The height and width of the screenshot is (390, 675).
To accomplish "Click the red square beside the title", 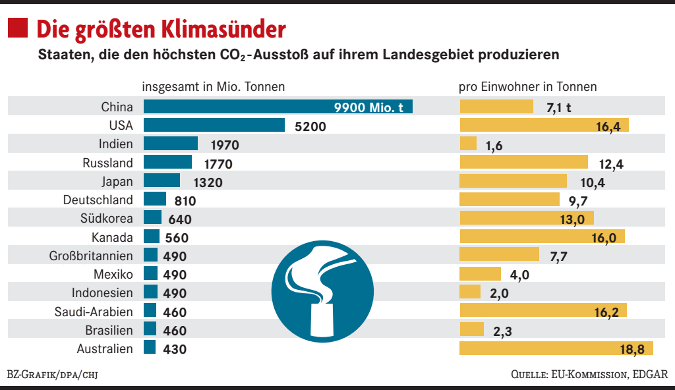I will [x=18, y=28].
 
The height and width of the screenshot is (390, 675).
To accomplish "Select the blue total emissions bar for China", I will [x=278, y=107].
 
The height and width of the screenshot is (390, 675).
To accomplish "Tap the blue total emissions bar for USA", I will [x=214, y=125].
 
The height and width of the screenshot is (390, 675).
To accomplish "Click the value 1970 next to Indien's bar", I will [x=224, y=145].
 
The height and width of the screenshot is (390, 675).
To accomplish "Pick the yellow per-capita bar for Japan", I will [x=512, y=181].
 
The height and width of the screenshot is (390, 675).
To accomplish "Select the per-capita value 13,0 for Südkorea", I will [x=572, y=219].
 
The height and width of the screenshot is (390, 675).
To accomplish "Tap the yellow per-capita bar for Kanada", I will [x=541, y=237].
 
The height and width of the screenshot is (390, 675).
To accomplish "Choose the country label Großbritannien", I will [x=91, y=256].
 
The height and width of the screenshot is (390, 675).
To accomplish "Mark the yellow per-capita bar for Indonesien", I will [x=470, y=292].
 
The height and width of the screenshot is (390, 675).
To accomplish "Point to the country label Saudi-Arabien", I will [x=94, y=312].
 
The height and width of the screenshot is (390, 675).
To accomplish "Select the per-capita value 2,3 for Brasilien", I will [x=503, y=331].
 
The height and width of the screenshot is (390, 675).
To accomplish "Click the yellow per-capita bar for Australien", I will [x=556, y=348].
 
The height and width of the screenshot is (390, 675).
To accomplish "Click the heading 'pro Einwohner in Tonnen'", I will [x=527, y=86].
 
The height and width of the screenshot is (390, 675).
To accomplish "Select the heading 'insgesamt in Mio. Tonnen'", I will [x=214, y=86].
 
